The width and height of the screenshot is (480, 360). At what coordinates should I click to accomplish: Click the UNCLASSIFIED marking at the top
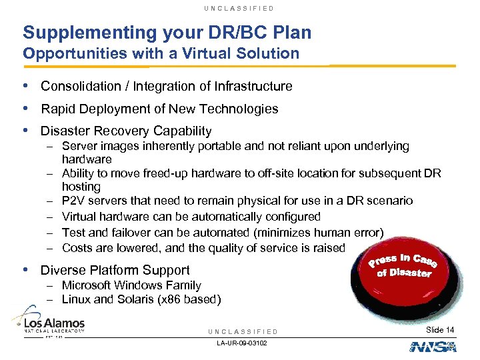pyautogui.click(x=240, y=8)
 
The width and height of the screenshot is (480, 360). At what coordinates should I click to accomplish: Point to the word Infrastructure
pyautogui.click(x=254, y=86)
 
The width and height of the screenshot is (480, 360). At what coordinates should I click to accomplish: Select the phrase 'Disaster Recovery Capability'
pyautogui.click(x=126, y=131)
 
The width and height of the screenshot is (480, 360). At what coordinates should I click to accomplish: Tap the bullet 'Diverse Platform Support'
pyautogui.click(x=115, y=270)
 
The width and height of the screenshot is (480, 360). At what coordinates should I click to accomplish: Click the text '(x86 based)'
pyautogui.click(x=188, y=299)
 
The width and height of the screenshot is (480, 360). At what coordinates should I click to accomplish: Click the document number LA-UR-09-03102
pyautogui.click(x=242, y=343)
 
